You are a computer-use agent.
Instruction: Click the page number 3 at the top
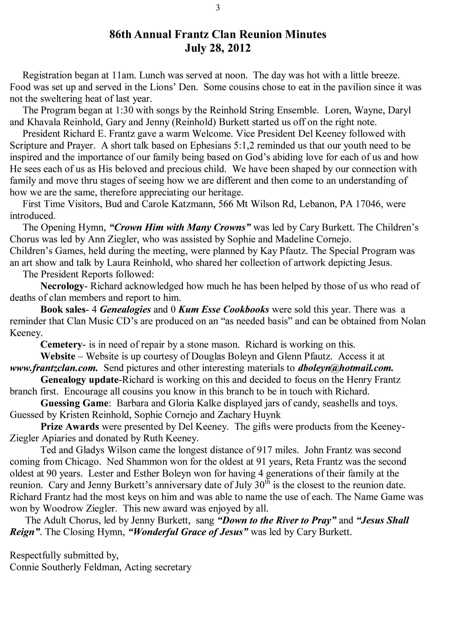click(x=218, y=8)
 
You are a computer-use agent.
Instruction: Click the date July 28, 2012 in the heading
click(x=217, y=48)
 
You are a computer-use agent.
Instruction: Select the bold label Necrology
click(x=62, y=286)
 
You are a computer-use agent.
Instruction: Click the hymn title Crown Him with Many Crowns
click(x=180, y=227)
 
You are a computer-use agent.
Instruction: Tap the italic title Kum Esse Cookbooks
click(x=224, y=309)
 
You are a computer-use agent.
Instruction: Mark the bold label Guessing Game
click(x=74, y=403)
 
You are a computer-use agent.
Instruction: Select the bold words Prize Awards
click(x=70, y=426)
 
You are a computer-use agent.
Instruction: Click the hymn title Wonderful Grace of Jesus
click(x=188, y=532)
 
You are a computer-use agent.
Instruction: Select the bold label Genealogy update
click(x=79, y=380)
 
